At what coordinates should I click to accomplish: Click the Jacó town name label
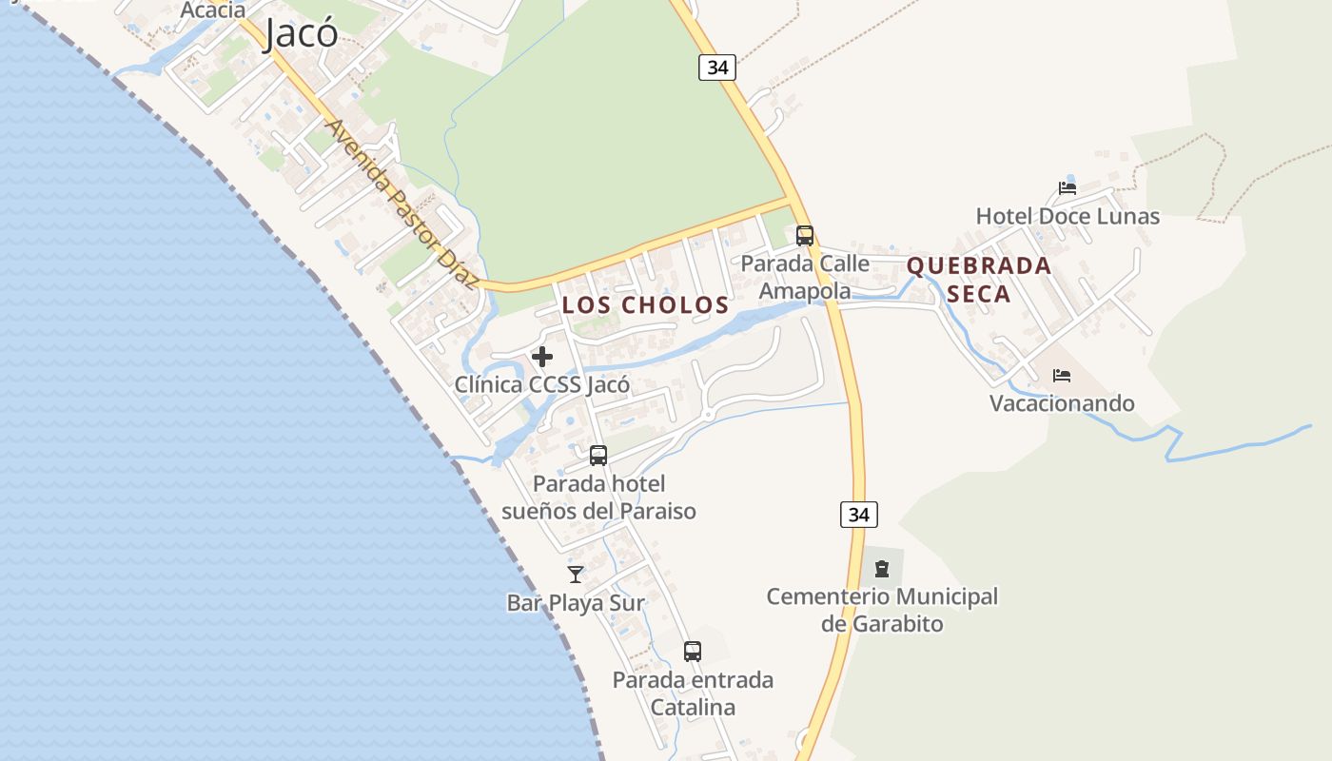301,33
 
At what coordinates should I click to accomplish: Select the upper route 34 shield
717,68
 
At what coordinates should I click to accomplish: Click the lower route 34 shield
858,515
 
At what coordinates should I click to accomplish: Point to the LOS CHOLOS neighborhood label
645,305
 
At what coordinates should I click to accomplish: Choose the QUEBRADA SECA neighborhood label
979,280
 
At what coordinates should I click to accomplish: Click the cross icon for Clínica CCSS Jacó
542,357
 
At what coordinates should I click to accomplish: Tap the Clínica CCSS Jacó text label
542,385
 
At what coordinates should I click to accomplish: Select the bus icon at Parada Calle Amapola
805,235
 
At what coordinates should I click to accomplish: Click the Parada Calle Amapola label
805,277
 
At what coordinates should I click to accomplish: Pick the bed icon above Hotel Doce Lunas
1068,187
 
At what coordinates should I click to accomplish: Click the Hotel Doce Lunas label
1068,216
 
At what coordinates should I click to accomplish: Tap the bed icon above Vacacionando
1062,376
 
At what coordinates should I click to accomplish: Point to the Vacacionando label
1062,403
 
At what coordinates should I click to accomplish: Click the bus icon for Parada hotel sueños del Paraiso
598,456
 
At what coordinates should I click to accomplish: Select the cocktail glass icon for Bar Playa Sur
576,574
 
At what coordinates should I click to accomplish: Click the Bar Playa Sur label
576,603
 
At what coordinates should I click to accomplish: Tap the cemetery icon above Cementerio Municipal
882,569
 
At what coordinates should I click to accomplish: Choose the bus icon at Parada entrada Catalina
693,652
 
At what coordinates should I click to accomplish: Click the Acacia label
212,10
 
